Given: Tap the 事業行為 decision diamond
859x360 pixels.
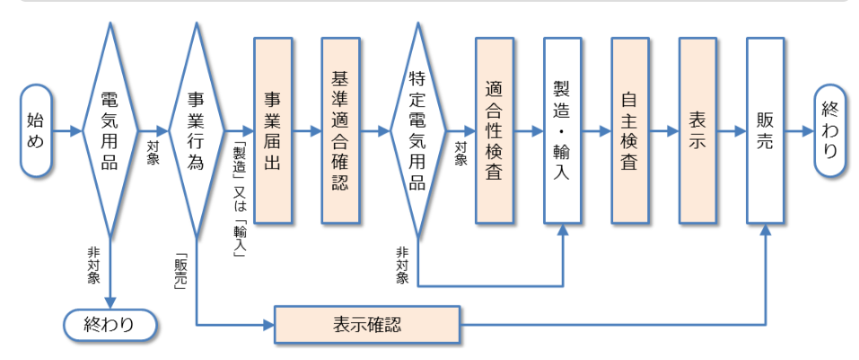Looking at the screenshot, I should click(x=195, y=130).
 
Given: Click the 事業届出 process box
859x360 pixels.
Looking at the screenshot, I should click(x=273, y=130).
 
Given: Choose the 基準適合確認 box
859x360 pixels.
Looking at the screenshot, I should click(x=340, y=130).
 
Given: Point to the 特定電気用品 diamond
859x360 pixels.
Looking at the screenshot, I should click(x=417, y=130).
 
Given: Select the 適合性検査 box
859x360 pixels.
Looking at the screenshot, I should click(x=494, y=130).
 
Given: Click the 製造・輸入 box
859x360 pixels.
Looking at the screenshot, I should click(x=563, y=130).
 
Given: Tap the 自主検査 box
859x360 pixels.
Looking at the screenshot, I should click(x=630, y=130).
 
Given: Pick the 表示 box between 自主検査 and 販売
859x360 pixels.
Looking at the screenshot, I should click(x=697, y=130).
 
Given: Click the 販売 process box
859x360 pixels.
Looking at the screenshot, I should click(x=765, y=130).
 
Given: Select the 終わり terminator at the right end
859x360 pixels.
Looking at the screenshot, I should click(x=830, y=130).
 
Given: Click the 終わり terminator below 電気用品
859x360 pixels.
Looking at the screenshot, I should click(x=109, y=324).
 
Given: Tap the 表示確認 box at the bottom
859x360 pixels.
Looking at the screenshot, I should click(x=366, y=324).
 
